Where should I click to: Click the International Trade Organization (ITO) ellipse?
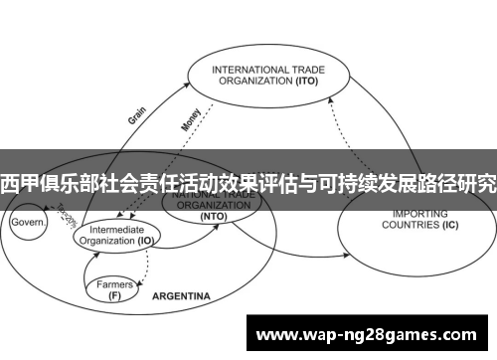point(267,78)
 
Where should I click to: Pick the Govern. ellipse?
point(29,224)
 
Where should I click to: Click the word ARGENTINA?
point(181,296)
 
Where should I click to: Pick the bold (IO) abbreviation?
point(146,240)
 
